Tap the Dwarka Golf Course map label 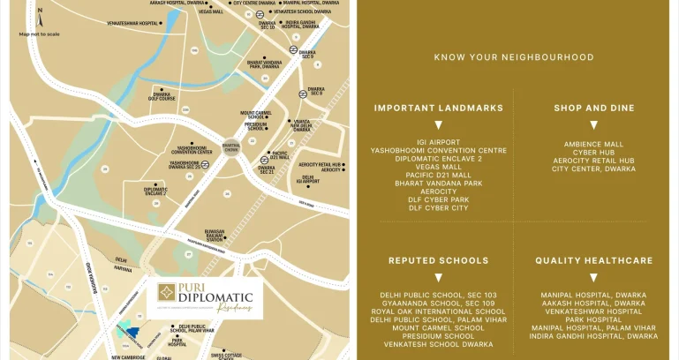pos(161,95)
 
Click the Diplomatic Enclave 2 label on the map pos(155,190)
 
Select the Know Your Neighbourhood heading pos(514,57)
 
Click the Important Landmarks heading pos(439,108)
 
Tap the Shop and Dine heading pos(594,108)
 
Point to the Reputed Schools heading pos(439,260)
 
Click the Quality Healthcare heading pos(594,260)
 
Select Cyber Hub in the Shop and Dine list pos(594,152)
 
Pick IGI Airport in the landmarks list pos(439,141)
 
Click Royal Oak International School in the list pos(439,311)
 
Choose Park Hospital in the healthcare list pos(594,319)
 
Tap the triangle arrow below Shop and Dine pos(594,125)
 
